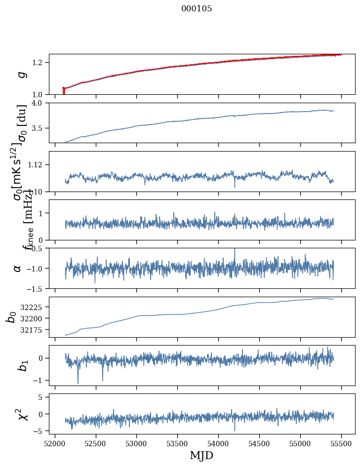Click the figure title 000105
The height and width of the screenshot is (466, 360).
tap(197, 9)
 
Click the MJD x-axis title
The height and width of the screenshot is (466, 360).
tap(201, 456)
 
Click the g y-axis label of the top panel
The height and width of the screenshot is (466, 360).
tap(21, 75)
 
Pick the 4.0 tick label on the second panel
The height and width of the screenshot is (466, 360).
tap(40, 103)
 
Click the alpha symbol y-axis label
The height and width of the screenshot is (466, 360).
tap(18, 268)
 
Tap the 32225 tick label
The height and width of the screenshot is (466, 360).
tap(33, 307)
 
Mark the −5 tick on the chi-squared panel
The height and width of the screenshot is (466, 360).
tap(40, 431)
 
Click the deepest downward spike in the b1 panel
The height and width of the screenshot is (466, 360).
tap(78, 383)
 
